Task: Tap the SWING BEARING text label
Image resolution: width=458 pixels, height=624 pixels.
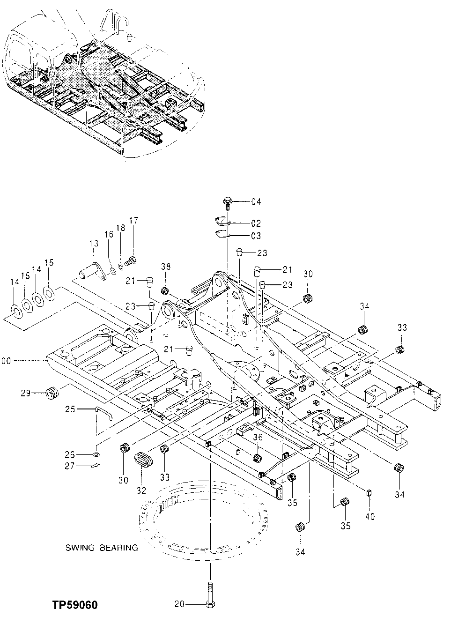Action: [x=102, y=548]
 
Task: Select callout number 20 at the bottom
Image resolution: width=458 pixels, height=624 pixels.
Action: [x=179, y=605]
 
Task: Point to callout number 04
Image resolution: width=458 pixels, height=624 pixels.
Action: [x=256, y=202]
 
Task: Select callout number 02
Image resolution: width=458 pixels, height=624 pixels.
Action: [x=256, y=223]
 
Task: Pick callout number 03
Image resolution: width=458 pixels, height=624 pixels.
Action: [x=256, y=236]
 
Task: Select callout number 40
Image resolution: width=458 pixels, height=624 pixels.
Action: [x=370, y=517]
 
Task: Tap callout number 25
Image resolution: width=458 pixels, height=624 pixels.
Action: [x=70, y=409]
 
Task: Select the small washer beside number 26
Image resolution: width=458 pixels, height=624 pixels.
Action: [x=96, y=454]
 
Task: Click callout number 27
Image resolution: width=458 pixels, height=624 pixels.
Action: [x=70, y=466]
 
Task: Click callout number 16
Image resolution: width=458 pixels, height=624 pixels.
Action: [x=109, y=234]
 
